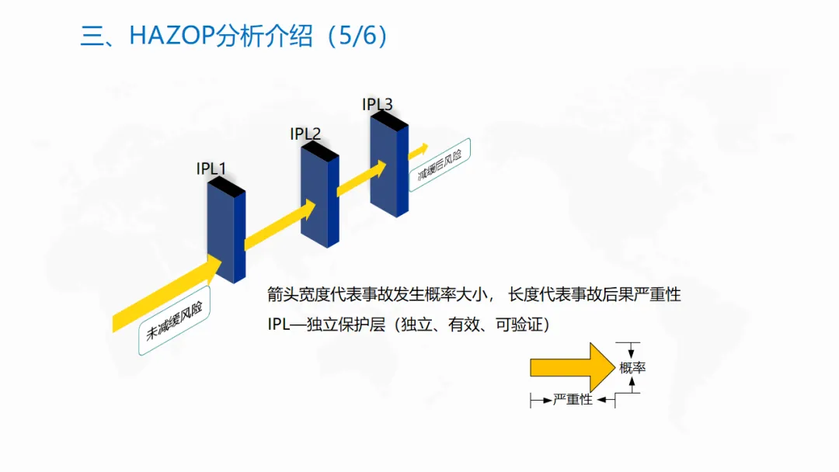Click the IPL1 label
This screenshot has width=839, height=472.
click(211, 168)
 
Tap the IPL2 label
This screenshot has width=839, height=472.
click(305, 134)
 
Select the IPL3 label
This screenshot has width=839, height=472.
click(378, 103)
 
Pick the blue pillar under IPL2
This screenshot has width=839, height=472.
click(320, 198)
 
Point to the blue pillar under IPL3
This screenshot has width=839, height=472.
click(389, 168)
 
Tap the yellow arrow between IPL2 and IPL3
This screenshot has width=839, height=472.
click(361, 179)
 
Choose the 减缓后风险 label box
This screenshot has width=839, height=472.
click(440, 165)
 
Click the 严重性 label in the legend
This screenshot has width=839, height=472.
click(573, 400)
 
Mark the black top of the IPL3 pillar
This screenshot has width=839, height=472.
click(389, 120)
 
